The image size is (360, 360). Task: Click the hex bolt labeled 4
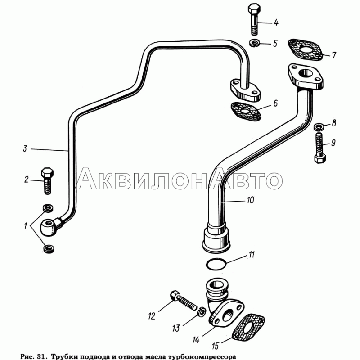(254, 19)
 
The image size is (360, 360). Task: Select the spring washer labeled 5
(254, 43)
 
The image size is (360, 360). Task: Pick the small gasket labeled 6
(246, 111)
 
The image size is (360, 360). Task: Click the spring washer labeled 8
(319, 126)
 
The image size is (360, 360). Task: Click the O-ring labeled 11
(216, 264)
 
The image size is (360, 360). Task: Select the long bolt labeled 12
(184, 300)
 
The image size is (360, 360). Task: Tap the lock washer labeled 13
(201, 312)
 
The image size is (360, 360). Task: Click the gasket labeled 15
(248, 327)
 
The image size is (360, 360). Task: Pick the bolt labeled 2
(47, 181)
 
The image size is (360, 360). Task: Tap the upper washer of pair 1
(48, 208)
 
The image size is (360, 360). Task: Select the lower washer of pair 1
(49, 249)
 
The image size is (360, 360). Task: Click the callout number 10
(251, 200)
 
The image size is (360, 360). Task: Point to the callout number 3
(25, 148)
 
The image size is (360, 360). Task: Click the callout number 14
(196, 340)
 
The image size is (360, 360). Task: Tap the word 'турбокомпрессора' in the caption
(202, 356)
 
